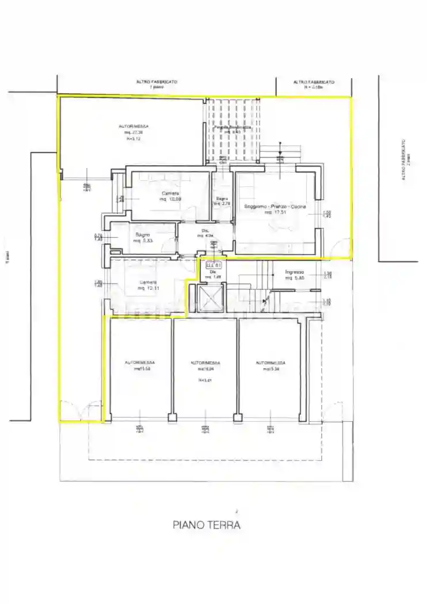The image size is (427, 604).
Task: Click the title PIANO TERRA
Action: pos(207,525)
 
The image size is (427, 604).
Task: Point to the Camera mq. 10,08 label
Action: pos(170,196)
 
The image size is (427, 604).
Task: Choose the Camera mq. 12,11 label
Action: pos(148,285)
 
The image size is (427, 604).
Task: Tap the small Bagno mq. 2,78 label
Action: pos(222,201)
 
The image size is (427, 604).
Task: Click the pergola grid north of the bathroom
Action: pos(234,129)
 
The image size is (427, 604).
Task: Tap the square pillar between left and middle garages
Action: pos(170,416)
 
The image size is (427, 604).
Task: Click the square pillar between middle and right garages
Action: pos(235,416)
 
